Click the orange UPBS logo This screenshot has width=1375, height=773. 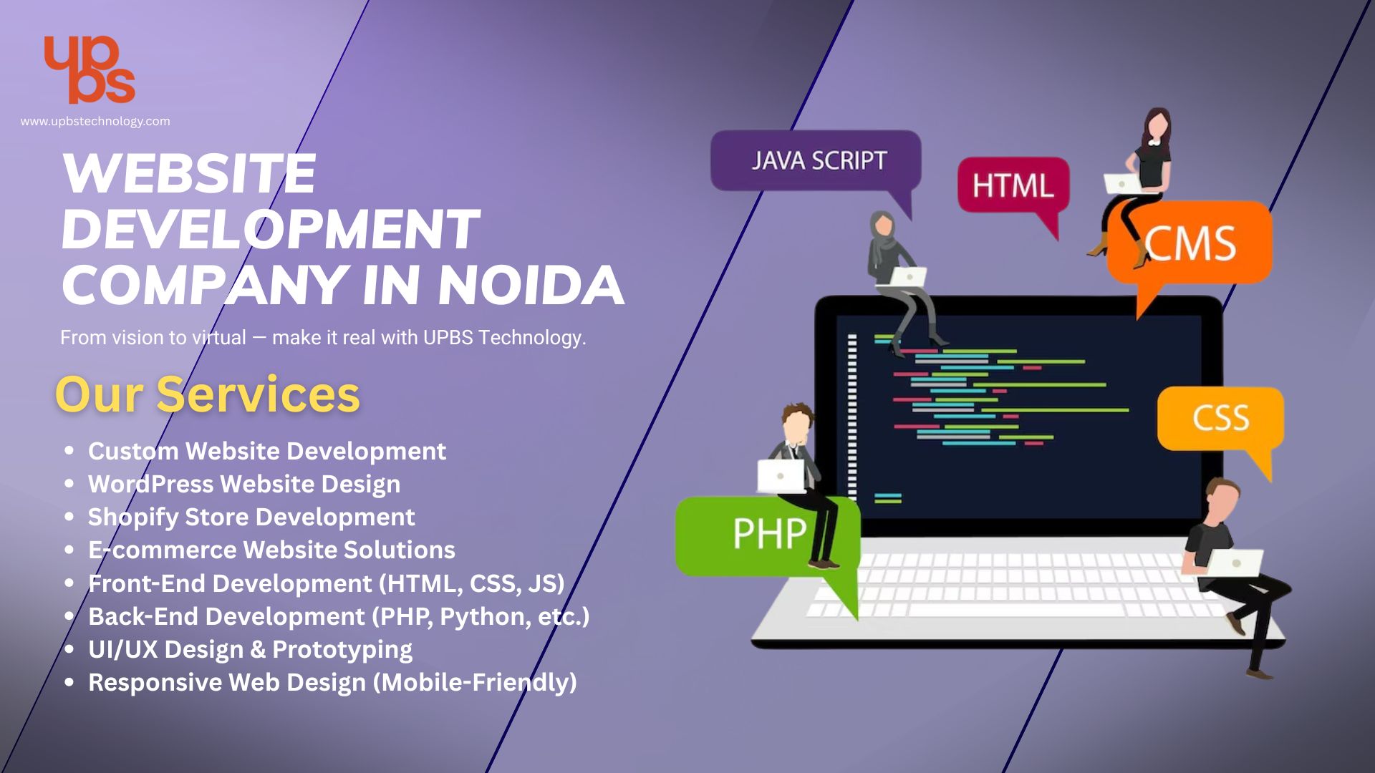(x=90, y=69)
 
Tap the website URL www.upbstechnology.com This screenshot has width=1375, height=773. (x=95, y=122)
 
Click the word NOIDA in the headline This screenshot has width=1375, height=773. (x=531, y=285)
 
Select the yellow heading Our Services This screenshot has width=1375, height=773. (x=208, y=394)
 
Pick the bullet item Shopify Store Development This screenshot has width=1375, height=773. (x=251, y=517)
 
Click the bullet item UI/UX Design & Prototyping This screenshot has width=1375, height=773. (x=250, y=649)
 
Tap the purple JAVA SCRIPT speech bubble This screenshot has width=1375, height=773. (x=816, y=160)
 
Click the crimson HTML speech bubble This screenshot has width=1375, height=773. (x=1013, y=186)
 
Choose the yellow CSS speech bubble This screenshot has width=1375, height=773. (x=1220, y=418)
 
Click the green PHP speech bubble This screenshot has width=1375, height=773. (x=759, y=534)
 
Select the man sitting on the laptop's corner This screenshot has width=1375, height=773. (x=1232, y=565)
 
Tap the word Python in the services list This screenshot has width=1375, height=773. (x=484, y=616)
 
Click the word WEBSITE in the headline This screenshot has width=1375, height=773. (x=189, y=174)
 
